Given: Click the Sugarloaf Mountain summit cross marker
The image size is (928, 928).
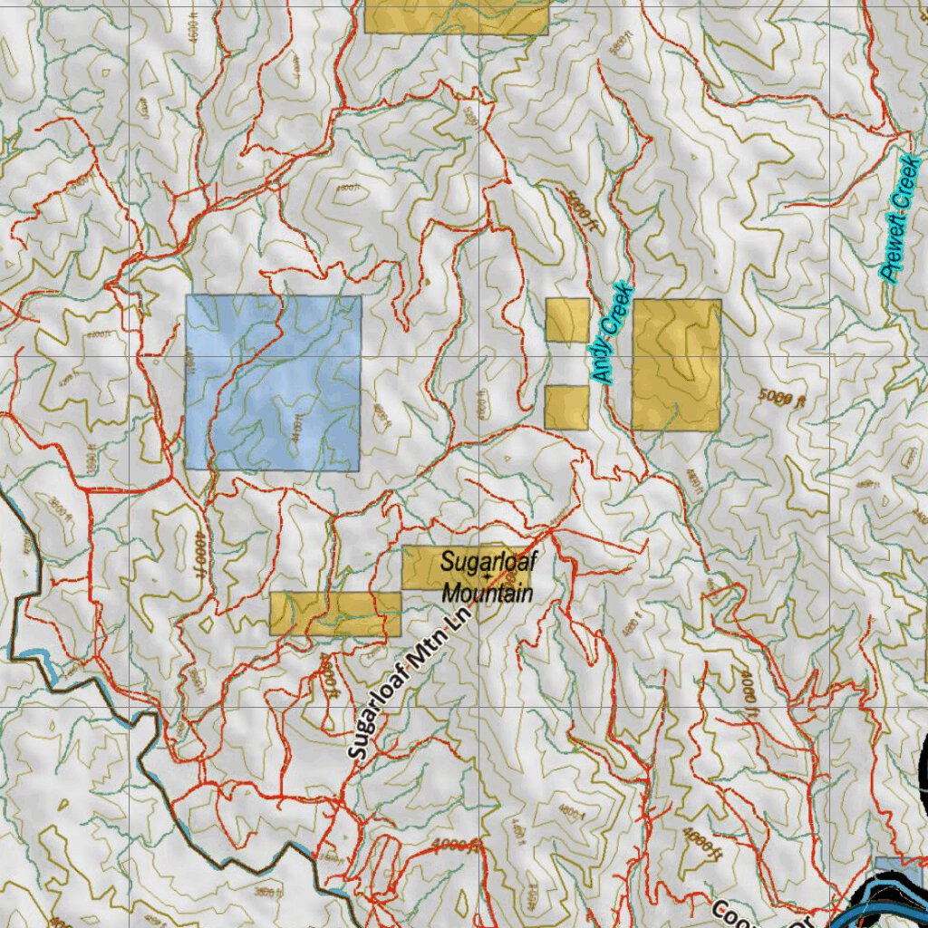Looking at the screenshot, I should pyautogui.click(x=488, y=577).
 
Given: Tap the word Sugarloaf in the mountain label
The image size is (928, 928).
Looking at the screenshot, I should pyautogui.click(x=488, y=562).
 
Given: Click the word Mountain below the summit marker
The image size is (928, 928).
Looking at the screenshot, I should pyautogui.click(x=488, y=594).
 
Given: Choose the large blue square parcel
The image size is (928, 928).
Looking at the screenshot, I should pyautogui.click(x=273, y=382).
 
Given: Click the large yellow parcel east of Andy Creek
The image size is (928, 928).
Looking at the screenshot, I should pyautogui.click(x=676, y=364).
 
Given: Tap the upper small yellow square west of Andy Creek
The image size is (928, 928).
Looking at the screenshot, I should pyautogui.click(x=567, y=320).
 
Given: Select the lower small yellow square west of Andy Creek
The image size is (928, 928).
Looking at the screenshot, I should pyautogui.click(x=566, y=407).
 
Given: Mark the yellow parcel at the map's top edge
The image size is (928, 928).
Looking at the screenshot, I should pyautogui.click(x=456, y=16).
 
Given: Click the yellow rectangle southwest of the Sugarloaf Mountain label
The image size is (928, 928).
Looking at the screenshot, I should pyautogui.click(x=335, y=614).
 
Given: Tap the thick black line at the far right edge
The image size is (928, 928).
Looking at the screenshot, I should pyautogui.click(x=923, y=770).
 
